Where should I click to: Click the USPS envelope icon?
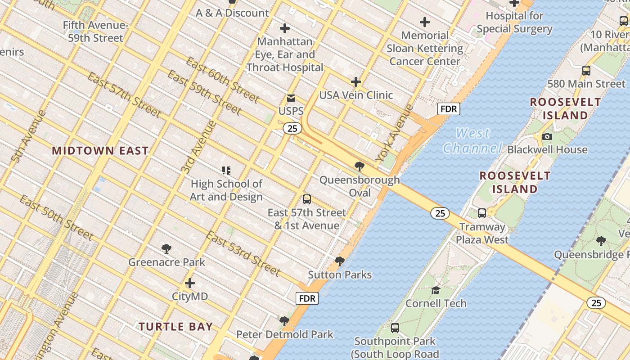point(291,98)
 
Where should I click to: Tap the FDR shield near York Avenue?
point(449,109)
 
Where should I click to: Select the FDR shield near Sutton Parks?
point(307,298)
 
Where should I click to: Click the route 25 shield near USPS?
point(292,128)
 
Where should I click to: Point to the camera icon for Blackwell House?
point(547,136)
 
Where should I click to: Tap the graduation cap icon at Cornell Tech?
point(436,290)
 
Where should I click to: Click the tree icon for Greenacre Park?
point(166,249)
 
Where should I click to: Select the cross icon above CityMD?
point(190,283)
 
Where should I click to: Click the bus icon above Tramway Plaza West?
point(482,213)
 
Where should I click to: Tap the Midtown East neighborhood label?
point(100,151)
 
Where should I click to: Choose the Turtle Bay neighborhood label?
point(175,327)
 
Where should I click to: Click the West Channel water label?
point(472,140)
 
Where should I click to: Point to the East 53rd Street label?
point(243,253)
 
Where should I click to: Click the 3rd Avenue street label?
point(198,147)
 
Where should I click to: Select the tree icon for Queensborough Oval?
point(359,166)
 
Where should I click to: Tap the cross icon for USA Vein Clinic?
point(356,82)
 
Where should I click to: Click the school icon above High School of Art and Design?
point(226,170)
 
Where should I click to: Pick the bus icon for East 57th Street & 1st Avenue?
point(307,199)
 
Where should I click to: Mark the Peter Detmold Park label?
point(285,334)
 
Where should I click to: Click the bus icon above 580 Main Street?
point(586,71)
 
